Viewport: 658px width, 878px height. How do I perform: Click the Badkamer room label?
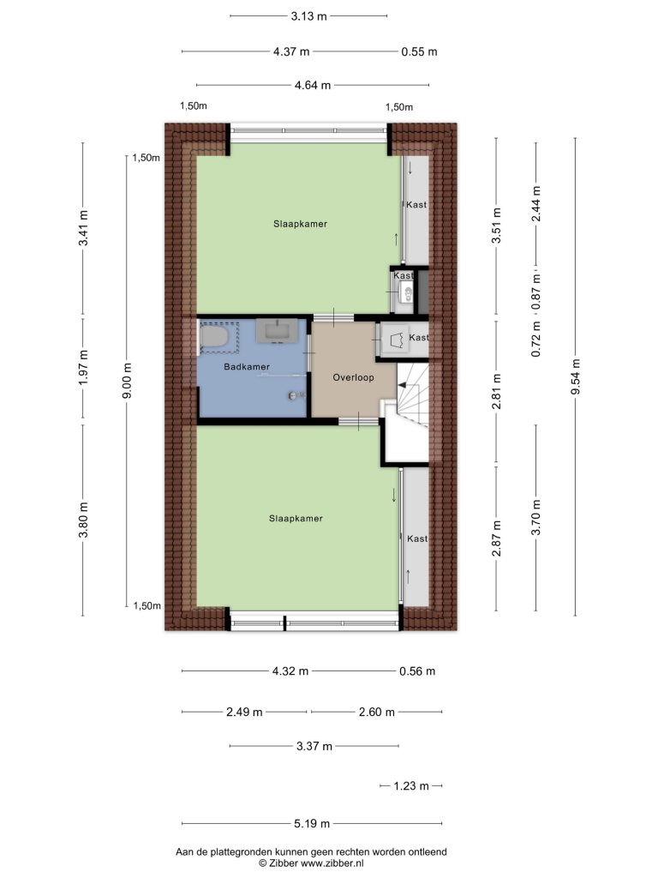pos(247,367)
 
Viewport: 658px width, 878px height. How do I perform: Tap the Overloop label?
pos(353,377)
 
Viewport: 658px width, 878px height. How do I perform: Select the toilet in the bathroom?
pos(214,337)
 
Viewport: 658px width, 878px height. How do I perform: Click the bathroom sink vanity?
pos(277,330)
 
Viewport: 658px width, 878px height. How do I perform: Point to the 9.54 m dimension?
pos(575,376)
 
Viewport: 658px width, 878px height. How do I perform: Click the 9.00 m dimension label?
pos(128,381)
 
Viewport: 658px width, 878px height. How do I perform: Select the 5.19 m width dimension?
pos(312,823)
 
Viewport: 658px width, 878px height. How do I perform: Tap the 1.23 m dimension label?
pos(411,785)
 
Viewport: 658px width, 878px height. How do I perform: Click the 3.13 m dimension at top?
pos(308,16)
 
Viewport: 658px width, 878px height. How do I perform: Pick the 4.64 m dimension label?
pos(313,85)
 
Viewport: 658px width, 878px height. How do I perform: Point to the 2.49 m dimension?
pos(244,712)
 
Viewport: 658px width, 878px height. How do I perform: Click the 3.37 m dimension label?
pos(314,746)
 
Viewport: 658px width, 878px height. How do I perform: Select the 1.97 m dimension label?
pos(83,367)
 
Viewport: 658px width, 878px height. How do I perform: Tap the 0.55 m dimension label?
pos(419,51)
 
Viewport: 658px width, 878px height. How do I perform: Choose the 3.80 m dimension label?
pos(83,520)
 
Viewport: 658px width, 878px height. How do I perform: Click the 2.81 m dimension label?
pos(496,392)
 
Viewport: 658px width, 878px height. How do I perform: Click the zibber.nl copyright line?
pos(311,863)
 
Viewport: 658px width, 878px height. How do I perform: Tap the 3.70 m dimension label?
pos(536,517)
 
